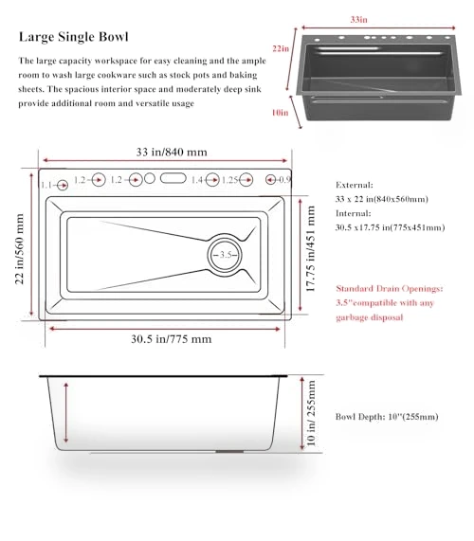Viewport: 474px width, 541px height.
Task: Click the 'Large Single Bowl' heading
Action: pos(74,37)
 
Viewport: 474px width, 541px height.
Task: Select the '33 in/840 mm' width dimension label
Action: pos(172,152)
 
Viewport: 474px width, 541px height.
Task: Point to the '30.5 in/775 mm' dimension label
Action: pos(172,339)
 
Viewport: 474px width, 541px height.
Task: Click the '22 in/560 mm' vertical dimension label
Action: pos(19,249)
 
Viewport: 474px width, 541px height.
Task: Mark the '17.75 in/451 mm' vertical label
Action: pos(310,248)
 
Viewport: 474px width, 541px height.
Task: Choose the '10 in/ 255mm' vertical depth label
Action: pos(311,413)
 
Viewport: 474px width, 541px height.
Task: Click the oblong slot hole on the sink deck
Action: pos(173,178)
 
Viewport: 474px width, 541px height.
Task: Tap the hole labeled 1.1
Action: pos(63,186)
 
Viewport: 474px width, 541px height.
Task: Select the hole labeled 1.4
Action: pos(212,180)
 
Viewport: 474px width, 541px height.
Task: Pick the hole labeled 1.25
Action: pos(246,179)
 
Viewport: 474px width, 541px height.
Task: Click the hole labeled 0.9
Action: pos(270,179)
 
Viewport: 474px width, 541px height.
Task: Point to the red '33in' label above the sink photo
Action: pos(358,19)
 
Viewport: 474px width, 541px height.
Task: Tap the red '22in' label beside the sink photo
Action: pos(281,48)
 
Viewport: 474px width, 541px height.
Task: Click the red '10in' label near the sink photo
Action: pos(280,113)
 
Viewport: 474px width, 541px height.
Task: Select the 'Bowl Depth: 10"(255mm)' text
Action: pos(387,417)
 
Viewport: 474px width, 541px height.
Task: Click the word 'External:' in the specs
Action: pos(355,185)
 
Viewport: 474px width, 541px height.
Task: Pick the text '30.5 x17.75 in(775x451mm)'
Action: pos(391,227)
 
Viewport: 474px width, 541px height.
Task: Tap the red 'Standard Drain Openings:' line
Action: pos(390,288)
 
